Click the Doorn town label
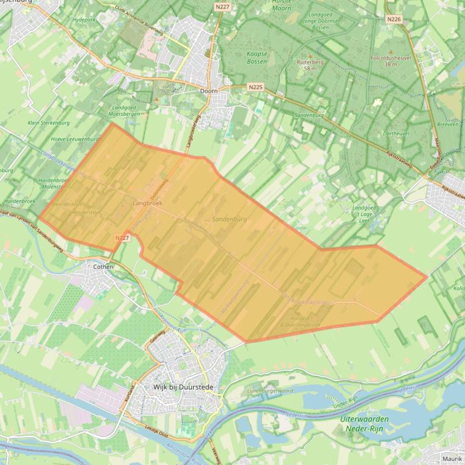208,91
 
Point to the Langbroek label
147,204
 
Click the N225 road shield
255,87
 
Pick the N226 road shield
394,19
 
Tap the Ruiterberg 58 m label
310,65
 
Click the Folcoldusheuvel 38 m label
391,61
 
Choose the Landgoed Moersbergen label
124,111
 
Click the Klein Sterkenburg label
49,123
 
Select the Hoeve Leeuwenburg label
75,138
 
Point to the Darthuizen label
396,133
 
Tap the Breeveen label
447,124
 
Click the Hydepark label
85,20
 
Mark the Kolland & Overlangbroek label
300,322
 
